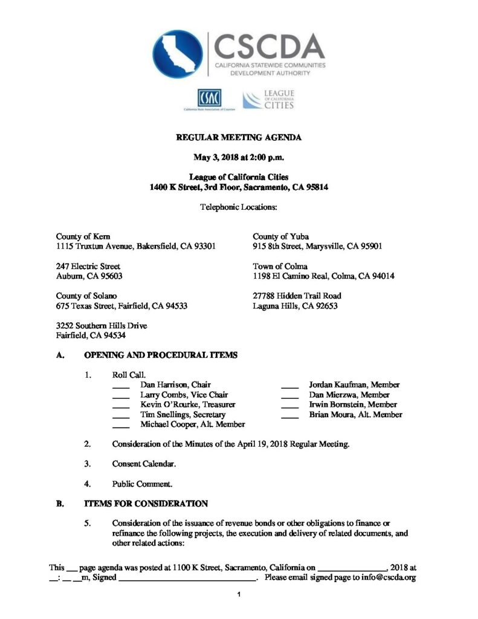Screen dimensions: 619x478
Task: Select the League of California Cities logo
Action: (x=268, y=100)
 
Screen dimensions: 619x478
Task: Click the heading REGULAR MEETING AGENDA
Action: (x=239, y=138)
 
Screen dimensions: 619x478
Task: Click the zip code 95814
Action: (x=315, y=187)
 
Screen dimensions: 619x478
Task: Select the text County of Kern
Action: (x=83, y=236)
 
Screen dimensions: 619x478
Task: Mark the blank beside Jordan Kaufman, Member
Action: (x=290, y=385)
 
